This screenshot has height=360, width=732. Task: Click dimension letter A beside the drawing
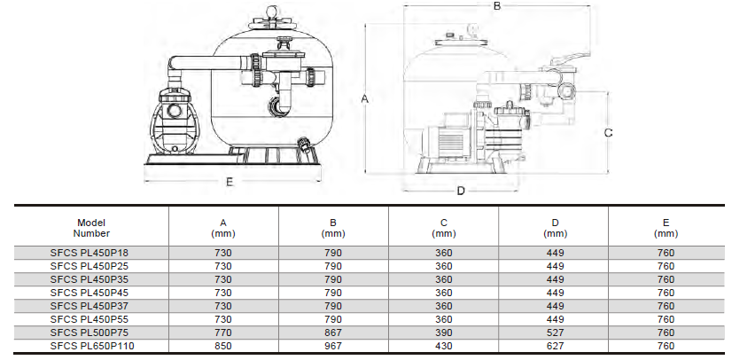click(365, 99)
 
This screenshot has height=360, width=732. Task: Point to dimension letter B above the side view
click(497, 6)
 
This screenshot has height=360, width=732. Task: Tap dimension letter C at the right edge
click(609, 132)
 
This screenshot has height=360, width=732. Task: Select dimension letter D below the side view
click(461, 191)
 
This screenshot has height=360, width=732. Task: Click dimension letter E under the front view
click(229, 183)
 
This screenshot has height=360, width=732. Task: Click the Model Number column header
click(91, 228)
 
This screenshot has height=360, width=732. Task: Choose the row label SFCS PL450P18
click(91, 254)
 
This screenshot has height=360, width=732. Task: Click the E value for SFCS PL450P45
click(666, 293)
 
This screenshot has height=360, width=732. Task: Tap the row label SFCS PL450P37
click(91, 306)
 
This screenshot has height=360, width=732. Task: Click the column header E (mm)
click(666, 228)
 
